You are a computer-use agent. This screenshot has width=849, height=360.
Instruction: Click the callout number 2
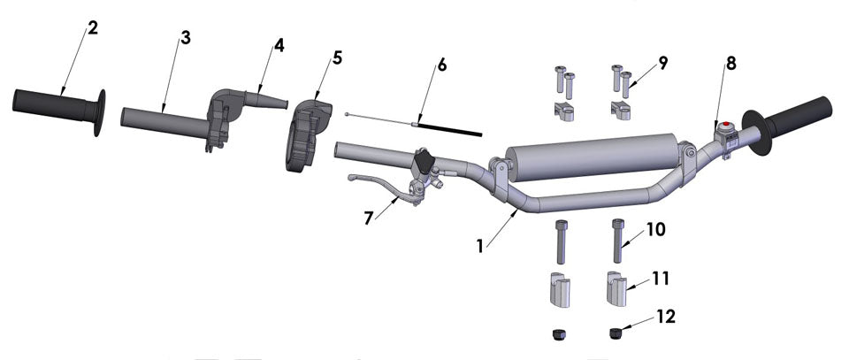click(93, 27)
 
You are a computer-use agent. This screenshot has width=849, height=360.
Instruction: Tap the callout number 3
click(185, 37)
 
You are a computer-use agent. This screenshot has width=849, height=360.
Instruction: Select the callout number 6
click(442, 66)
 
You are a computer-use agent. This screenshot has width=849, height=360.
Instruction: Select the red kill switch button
click(727, 125)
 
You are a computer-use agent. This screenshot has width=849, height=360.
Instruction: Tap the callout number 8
click(730, 64)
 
